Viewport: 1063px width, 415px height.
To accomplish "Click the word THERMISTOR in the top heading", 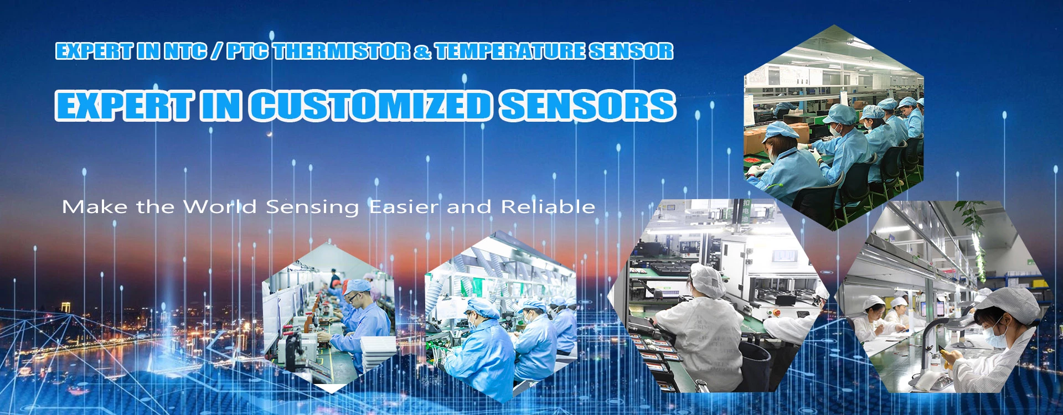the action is click(342, 51).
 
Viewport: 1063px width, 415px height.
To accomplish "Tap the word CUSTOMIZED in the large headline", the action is click(370, 106).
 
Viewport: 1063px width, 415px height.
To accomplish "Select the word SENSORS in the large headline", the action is click(587, 106).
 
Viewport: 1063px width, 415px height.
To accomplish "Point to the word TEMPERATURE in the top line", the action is click(509, 51).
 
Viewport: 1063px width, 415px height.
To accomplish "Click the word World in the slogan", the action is click(220, 207).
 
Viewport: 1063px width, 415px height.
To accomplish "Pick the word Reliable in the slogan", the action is click(548, 207).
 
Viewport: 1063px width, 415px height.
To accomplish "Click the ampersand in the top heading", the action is click(422, 51).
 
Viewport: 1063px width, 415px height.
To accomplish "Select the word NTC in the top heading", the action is click(186, 51).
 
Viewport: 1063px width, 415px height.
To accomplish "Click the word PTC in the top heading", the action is click(248, 51).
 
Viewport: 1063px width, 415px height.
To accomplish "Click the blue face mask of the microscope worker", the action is click(994, 338).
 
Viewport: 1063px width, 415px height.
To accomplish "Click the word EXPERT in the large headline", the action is click(125, 106).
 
